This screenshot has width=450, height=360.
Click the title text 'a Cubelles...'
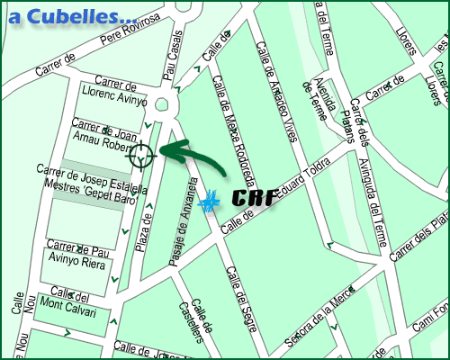(x=71, y=16)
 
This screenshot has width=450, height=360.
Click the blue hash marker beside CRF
(x=209, y=202)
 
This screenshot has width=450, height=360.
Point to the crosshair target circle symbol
(x=141, y=157)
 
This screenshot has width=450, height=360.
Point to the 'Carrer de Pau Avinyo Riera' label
(x=78, y=253)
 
